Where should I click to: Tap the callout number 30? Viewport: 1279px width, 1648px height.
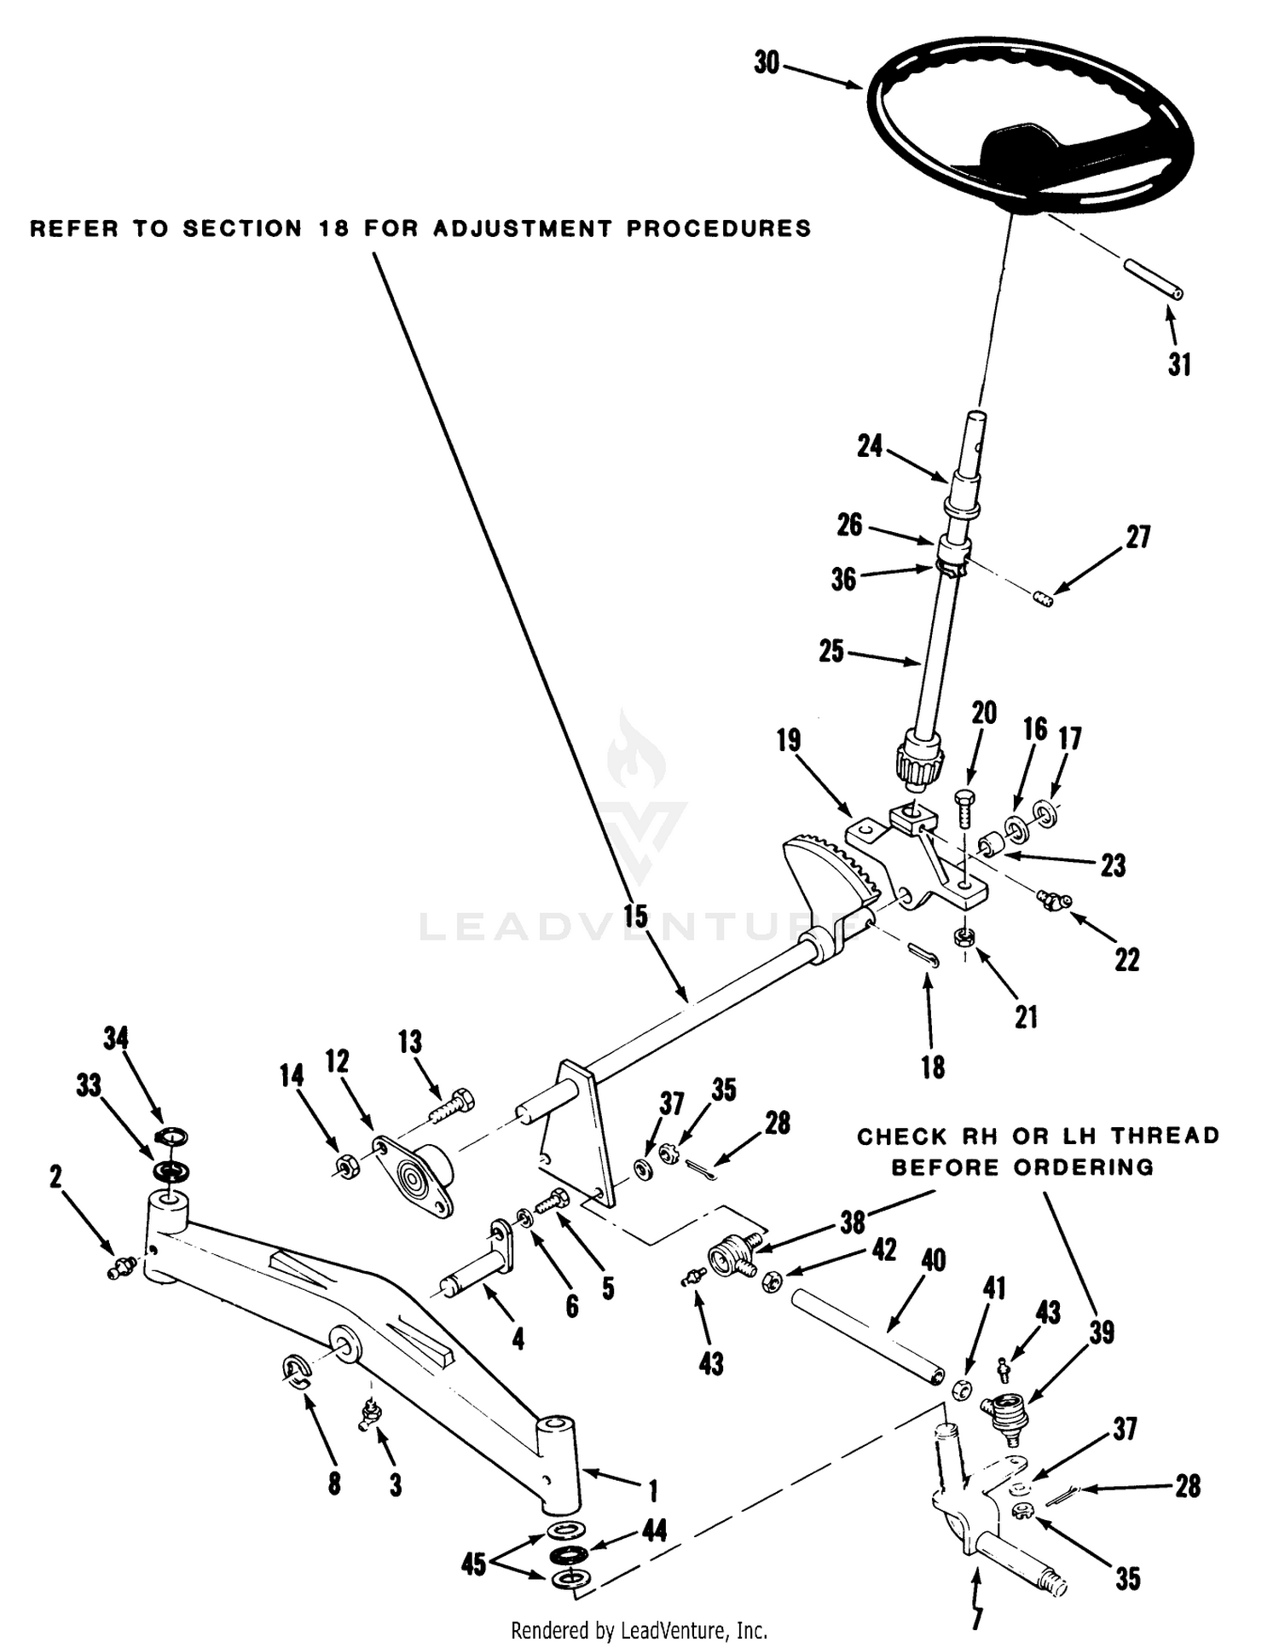click(767, 63)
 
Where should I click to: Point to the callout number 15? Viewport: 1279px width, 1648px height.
click(635, 917)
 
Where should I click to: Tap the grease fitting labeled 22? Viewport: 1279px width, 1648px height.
click(1053, 899)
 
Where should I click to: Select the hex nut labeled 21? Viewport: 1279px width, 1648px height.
click(964, 936)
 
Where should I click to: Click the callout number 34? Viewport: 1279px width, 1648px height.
click(116, 1038)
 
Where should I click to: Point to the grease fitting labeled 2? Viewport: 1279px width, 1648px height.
click(118, 1270)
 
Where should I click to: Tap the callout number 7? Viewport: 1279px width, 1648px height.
click(977, 1616)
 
